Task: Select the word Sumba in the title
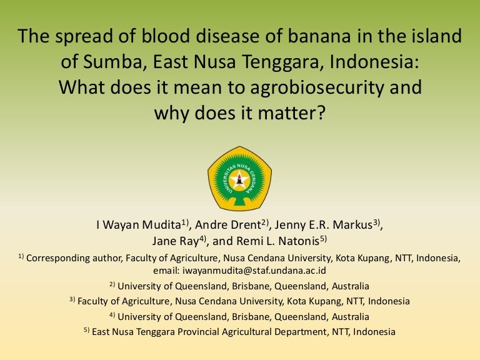click(112, 61)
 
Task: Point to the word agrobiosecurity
click(317, 88)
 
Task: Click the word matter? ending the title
click(291, 113)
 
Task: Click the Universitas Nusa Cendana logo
click(240, 179)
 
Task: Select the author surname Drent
click(246, 225)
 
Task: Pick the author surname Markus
click(352, 225)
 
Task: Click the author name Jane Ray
click(176, 241)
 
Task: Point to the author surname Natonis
click(299, 241)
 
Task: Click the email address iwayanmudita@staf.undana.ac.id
click(254, 271)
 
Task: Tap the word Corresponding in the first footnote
click(58, 258)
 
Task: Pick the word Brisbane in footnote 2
click(252, 286)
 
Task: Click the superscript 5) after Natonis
click(324, 239)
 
